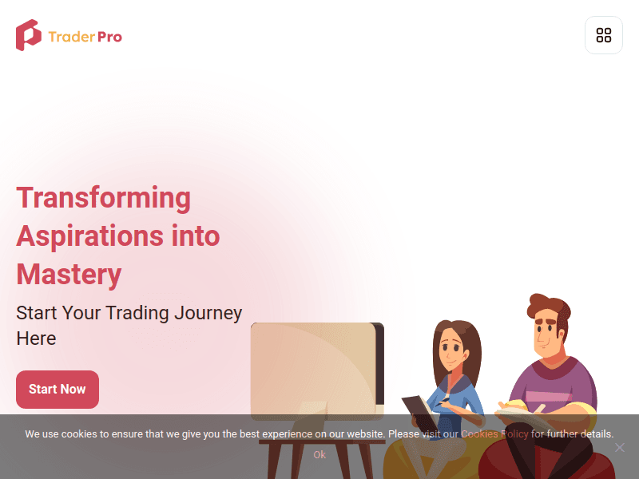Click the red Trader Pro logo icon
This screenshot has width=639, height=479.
(x=28, y=36)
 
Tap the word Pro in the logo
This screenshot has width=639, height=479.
(x=109, y=37)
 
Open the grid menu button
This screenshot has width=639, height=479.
(x=604, y=35)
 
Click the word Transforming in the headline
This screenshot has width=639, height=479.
(x=104, y=197)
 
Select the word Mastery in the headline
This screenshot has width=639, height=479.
(x=69, y=275)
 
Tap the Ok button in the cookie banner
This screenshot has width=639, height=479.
(x=319, y=455)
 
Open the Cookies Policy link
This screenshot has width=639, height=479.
(x=494, y=434)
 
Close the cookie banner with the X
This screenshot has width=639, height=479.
(x=619, y=447)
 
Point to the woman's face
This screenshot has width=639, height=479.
(x=452, y=347)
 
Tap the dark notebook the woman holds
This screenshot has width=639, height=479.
(x=419, y=412)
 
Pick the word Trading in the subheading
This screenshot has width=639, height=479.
(x=138, y=313)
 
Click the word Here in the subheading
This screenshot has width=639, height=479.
(x=36, y=338)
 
